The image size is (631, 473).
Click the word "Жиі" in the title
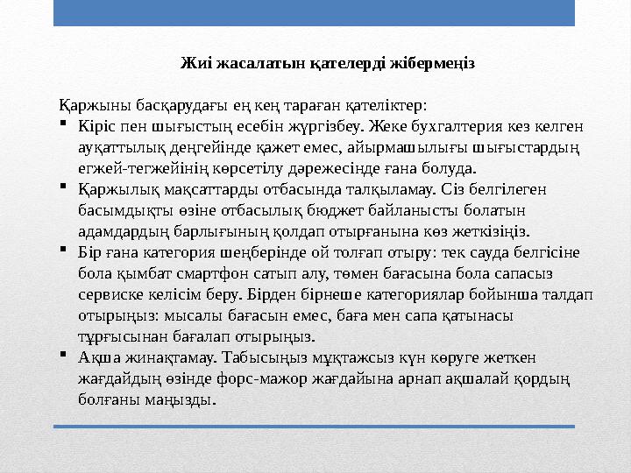tap(193, 63)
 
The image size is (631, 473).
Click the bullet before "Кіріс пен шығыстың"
tap(64, 125)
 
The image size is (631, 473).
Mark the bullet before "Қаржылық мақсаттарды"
tap(64, 188)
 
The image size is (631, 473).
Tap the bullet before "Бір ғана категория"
tap(64, 251)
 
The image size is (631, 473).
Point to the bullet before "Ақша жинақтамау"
tap(64, 357)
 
